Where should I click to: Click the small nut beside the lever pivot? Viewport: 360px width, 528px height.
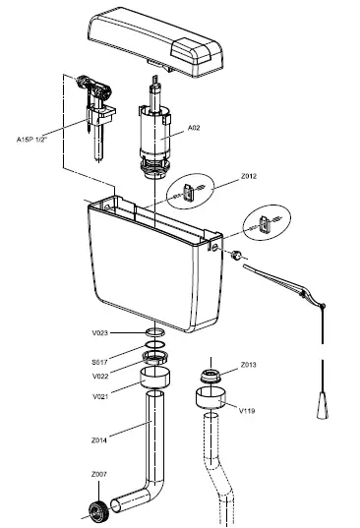(237, 254)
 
